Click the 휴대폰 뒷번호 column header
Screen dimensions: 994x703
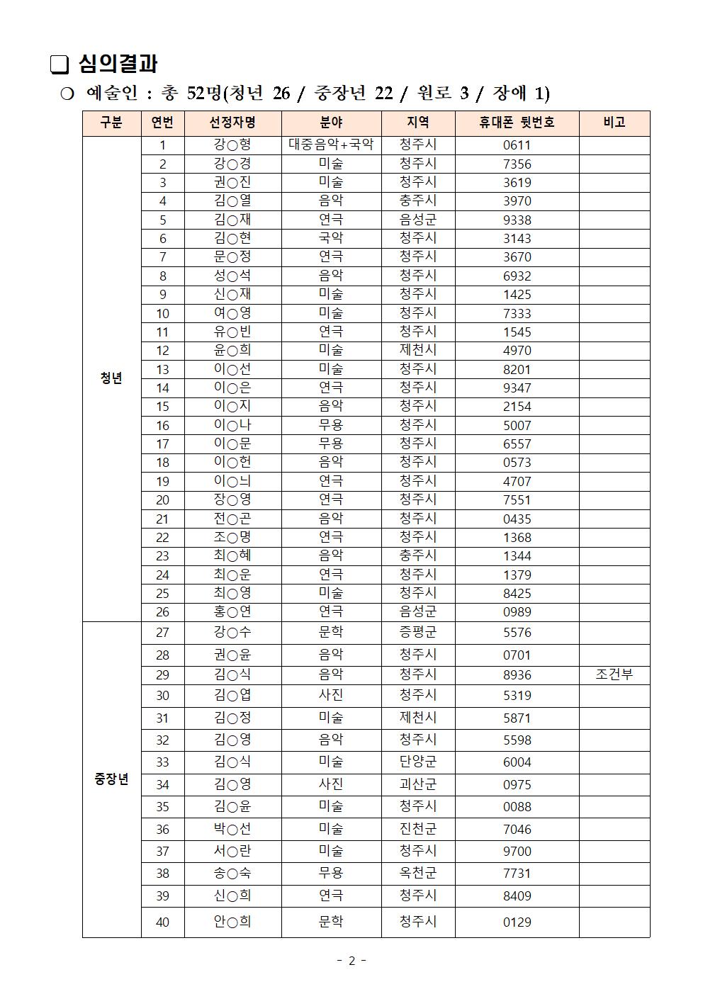(x=517, y=123)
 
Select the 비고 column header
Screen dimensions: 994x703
(x=614, y=123)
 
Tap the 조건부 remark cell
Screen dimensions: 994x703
(x=614, y=674)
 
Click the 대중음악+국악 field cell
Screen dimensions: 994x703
(x=331, y=145)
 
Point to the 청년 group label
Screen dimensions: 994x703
(x=111, y=378)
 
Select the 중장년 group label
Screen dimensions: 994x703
(x=111, y=779)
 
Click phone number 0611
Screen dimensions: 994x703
(x=517, y=145)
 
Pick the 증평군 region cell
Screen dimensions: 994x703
(x=418, y=632)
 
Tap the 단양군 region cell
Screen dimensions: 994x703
(x=418, y=762)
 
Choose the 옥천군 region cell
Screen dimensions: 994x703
(x=418, y=873)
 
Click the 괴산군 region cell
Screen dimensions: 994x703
(x=418, y=784)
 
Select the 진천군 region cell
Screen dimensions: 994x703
(x=418, y=829)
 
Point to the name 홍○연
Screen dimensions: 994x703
(x=232, y=611)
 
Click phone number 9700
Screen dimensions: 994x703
(x=517, y=851)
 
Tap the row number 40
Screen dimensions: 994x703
(x=162, y=922)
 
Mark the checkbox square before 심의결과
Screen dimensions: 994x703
(x=60, y=65)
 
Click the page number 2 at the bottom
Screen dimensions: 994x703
(x=351, y=961)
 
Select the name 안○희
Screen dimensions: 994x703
(x=232, y=922)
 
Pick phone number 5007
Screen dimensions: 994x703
(x=517, y=425)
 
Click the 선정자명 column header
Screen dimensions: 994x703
(x=232, y=123)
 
